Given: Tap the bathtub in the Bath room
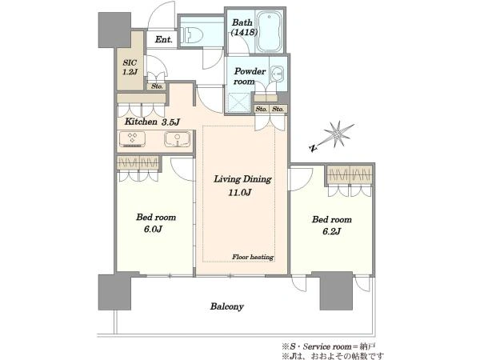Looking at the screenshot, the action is click(270, 31).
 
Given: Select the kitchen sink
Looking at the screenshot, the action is click(178, 139).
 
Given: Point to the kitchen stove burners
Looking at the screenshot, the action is click(132, 138).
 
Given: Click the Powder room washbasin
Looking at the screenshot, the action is click(278, 74).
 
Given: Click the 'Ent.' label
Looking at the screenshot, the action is click(163, 39).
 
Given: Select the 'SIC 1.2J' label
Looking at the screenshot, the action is click(130, 67).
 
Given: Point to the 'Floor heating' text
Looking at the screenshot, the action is click(253, 257).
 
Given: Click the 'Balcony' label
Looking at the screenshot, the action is click(227, 306).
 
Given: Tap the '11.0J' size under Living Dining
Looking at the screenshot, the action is click(240, 193).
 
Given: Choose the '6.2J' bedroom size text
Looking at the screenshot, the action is click(331, 231).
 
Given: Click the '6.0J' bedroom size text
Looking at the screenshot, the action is click(153, 230).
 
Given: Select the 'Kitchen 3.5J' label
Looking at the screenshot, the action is click(152, 122).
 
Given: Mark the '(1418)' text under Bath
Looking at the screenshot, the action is click(244, 32).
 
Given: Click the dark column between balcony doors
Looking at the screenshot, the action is click(336, 290).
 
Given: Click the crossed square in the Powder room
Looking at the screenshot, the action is click(239, 102).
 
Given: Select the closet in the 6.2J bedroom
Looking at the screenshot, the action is click(350, 174).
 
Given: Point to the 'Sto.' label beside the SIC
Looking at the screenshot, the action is click(157, 86).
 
